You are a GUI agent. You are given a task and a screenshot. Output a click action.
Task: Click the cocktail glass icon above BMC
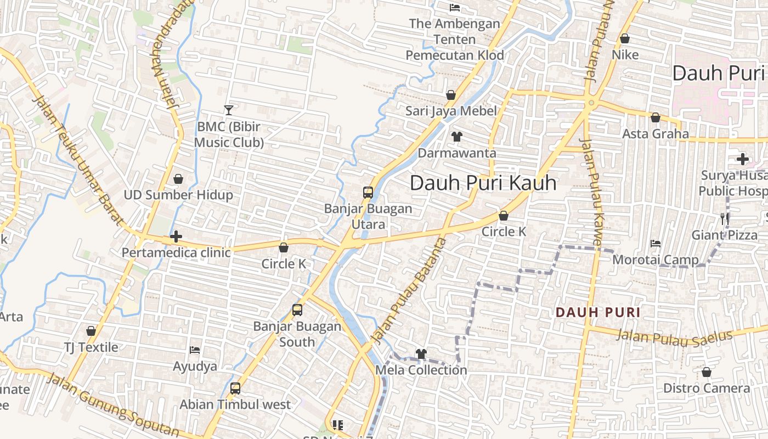(x=229, y=110)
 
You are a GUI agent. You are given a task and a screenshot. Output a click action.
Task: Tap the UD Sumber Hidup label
(x=178, y=195)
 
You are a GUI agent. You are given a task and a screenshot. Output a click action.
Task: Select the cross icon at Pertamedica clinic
(x=176, y=237)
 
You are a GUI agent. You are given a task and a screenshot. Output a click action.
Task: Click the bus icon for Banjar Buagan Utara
(x=368, y=193)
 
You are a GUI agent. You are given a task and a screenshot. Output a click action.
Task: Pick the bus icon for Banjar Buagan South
(x=297, y=310)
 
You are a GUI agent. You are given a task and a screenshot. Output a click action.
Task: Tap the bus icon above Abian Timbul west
(x=235, y=389)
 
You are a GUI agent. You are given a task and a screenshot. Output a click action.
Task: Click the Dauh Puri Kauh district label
(x=483, y=183)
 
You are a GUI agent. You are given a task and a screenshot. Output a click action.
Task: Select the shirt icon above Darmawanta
(x=456, y=137)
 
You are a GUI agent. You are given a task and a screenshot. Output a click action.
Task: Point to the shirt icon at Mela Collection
(x=421, y=354)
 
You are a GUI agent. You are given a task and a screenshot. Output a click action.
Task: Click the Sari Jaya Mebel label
(x=451, y=111)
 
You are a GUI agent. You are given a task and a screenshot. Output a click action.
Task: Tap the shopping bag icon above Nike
(x=624, y=39)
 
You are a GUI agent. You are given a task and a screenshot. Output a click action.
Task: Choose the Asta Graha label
(x=656, y=133)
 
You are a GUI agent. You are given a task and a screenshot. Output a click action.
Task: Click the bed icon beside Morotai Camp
(x=655, y=243)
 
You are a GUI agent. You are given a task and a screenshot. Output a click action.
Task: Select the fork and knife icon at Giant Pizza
(x=725, y=218)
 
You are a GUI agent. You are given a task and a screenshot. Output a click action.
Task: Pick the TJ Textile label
(x=91, y=347)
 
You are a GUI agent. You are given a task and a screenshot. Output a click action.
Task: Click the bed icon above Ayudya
(x=195, y=350)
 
